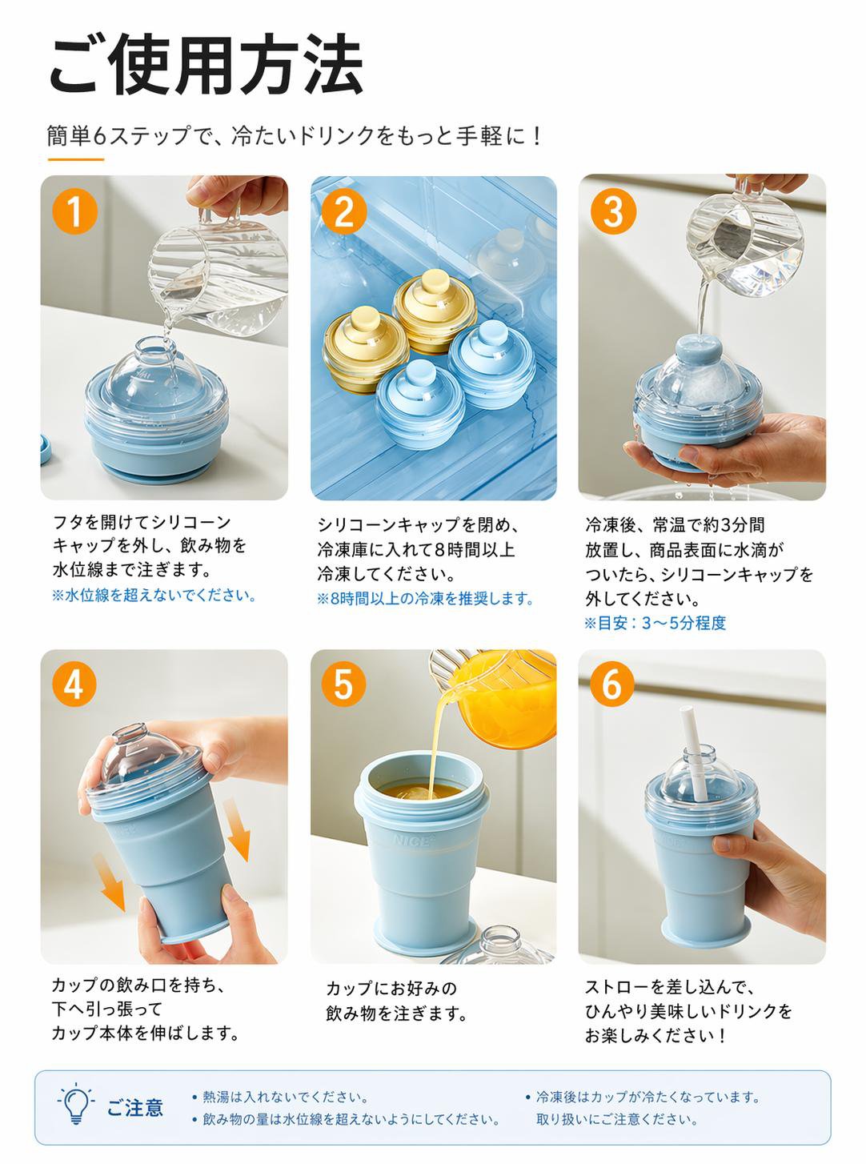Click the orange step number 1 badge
(74, 212)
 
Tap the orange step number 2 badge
(344, 212)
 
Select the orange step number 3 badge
(613, 212)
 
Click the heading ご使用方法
(206, 65)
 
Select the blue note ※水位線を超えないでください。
(154, 595)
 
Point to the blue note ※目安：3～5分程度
(655, 623)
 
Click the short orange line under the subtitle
(75, 159)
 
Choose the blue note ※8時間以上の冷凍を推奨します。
(425, 598)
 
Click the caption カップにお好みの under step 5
(391, 988)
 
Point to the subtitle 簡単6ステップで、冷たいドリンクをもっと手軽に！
(294, 136)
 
